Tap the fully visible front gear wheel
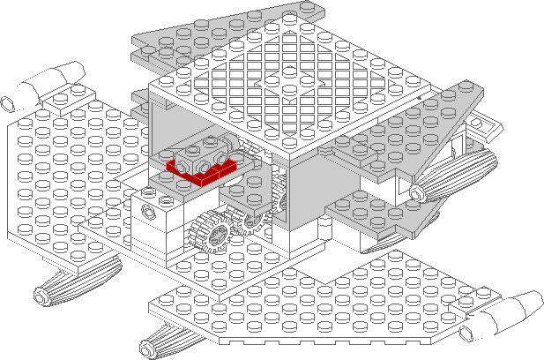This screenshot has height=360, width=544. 209,233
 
